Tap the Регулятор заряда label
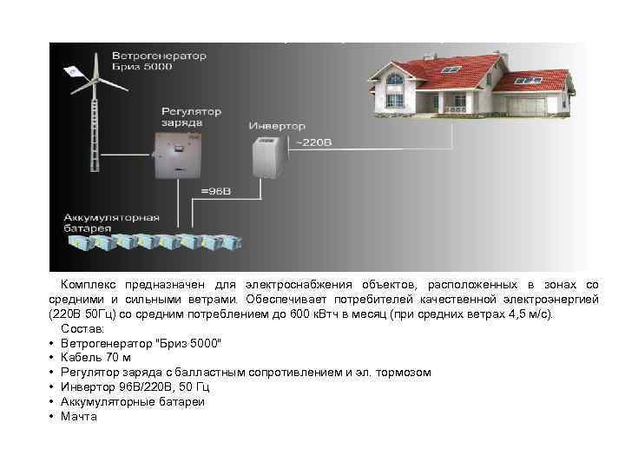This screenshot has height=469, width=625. coord(192,116)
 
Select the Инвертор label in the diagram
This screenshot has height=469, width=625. coord(273,126)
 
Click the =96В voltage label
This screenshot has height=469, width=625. coord(216,190)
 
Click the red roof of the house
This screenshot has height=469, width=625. coord(443,65)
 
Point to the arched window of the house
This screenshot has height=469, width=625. coord(395,81)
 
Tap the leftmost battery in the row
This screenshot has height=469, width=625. coord(78,243)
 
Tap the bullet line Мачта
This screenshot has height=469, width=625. coord(79,417)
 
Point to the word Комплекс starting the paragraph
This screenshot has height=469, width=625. coord(92,285)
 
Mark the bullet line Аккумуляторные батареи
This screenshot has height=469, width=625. coord(133,402)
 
